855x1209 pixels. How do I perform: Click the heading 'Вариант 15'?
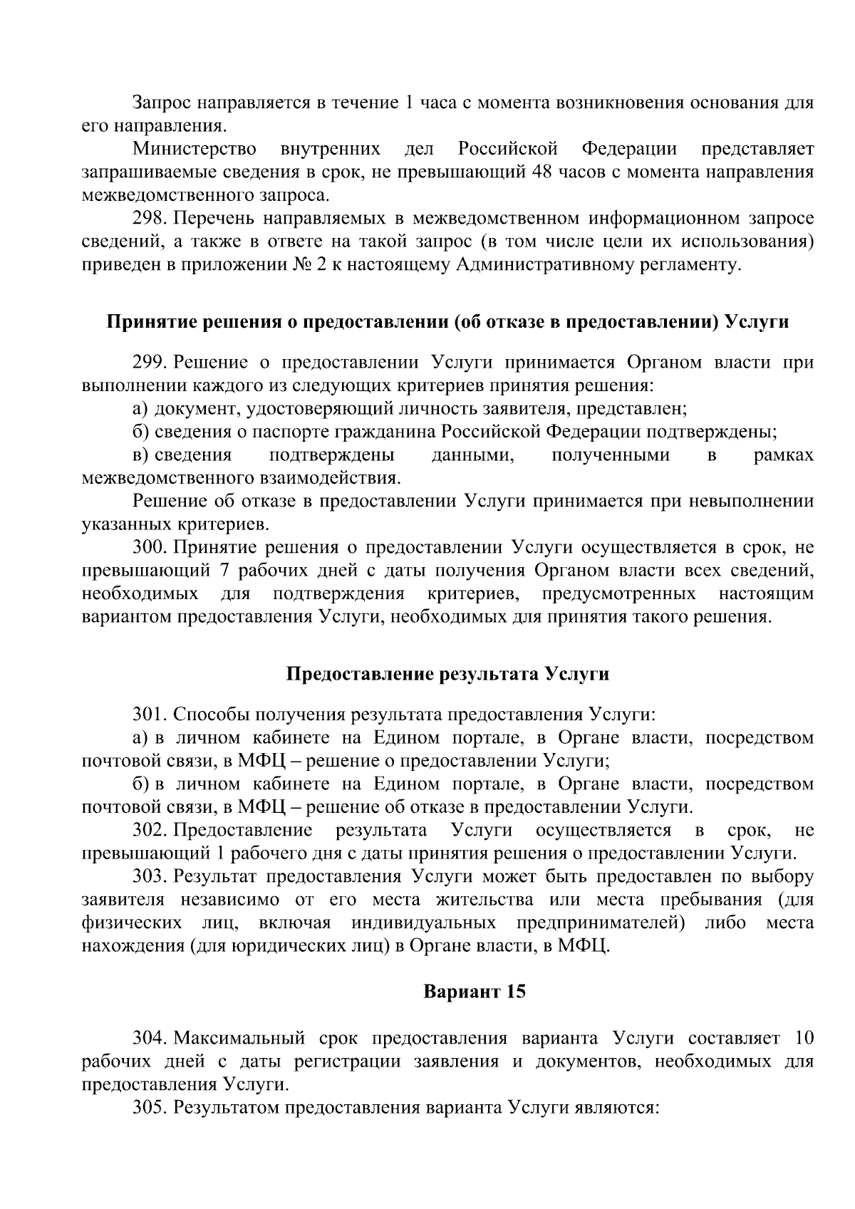click(475, 991)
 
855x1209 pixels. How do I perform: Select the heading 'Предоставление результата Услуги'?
click(447, 674)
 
